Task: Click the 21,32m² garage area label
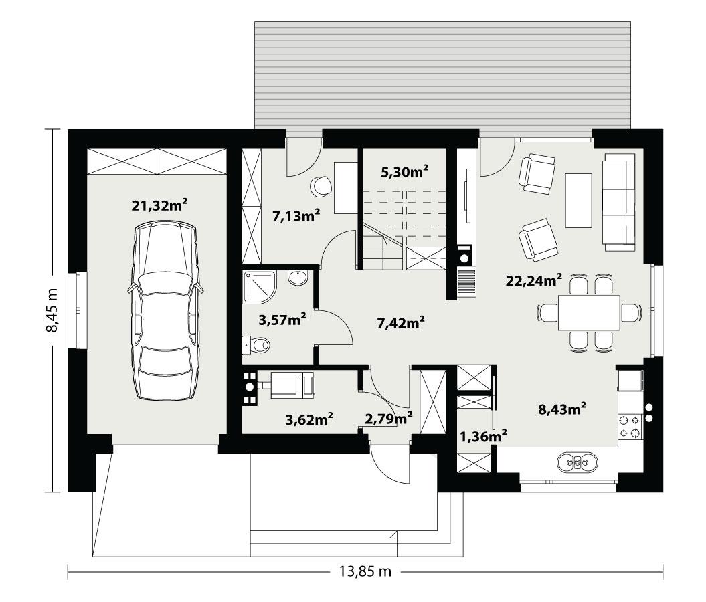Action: pyautogui.click(x=159, y=206)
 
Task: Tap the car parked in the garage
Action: pyautogui.click(x=165, y=311)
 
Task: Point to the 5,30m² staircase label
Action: pyautogui.click(x=404, y=172)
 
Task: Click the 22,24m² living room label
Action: pyautogui.click(x=533, y=280)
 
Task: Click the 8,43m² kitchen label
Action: pyautogui.click(x=563, y=409)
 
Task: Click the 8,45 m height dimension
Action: pyautogui.click(x=54, y=310)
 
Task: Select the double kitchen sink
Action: pyautogui.click(x=576, y=462)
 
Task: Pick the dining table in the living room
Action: pyautogui.click(x=590, y=312)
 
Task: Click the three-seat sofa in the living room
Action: pyautogui.click(x=619, y=202)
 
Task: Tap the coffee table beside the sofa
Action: pyautogui.click(x=579, y=201)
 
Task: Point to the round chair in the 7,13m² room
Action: pyautogui.click(x=321, y=185)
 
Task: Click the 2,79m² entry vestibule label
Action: pyautogui.click(x=388, y=419)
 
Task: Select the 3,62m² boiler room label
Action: pyautogui.click(x=309, y=419)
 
